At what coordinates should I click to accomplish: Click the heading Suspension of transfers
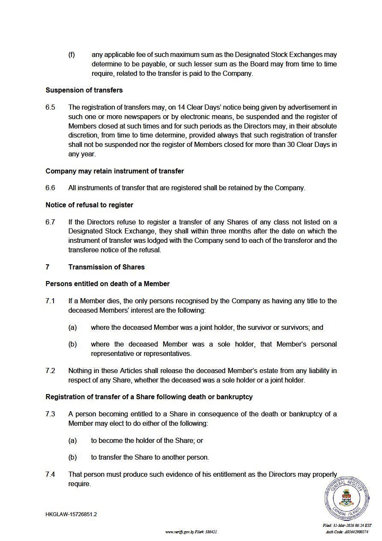pyautogui.click(x=84, y=90)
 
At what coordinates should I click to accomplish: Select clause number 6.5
pyautogui.click(x=50, y=107)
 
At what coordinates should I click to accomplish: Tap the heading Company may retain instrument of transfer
pyautogui.click(x=114, y=171)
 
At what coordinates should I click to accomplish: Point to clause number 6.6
pyautogui.click(x=50, y=188)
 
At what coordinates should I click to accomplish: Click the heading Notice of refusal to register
pyautogui.click(x=89, y=205)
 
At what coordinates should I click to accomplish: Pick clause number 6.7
pyautogui.click(x=50, y=222)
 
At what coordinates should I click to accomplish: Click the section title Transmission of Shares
pyautogui.click(x=106, y=267)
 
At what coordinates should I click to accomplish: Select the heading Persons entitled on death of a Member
pyautogui.click(x=107, y=284)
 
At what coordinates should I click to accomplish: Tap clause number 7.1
pyautogui.click(x=50, y=301)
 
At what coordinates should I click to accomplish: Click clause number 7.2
pyautogui.click(x=50, y=371)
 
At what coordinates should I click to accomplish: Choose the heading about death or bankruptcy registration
pyautogui.click(x=149, y=397)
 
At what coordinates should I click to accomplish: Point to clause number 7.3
pyautogui.click(x=50, y=414)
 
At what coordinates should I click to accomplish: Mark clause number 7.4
pyautogui.click(x=50, y=474)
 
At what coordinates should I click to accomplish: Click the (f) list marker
pyautogui.click(x=72, y=55)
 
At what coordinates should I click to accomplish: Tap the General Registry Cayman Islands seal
pyautogui.click(x=346, y=498)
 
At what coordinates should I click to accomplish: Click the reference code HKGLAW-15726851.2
pyautogui.click(x=71, y=514)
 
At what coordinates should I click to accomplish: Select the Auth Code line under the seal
pyautogui.click(x=347, y=532)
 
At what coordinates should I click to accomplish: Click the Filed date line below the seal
pyautogui.click(x=347, y=525)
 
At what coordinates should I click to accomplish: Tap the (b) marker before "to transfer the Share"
pyautogui.click(x=72, y=457)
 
